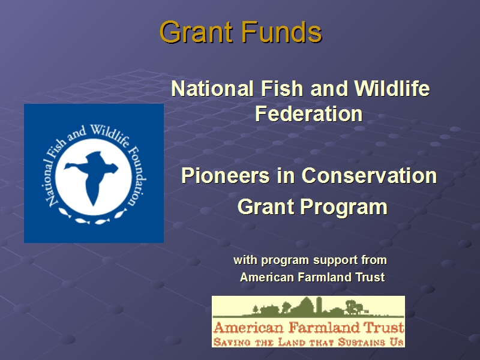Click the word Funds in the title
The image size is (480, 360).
[x=281, y=32]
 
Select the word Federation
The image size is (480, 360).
[x=309, y=114]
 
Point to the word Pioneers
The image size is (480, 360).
[x=226, y=176]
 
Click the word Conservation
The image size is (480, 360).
[x=369, y=176]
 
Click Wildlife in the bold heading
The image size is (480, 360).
[x=392, y=89]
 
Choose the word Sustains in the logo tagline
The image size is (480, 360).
[x=361, y=342]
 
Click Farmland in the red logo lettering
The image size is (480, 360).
[x=324, y=328]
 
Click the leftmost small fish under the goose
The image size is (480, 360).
[x=65, y=212]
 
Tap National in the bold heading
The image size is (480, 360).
[x=212, y=89]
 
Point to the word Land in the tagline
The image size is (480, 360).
[x=290, y=342]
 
